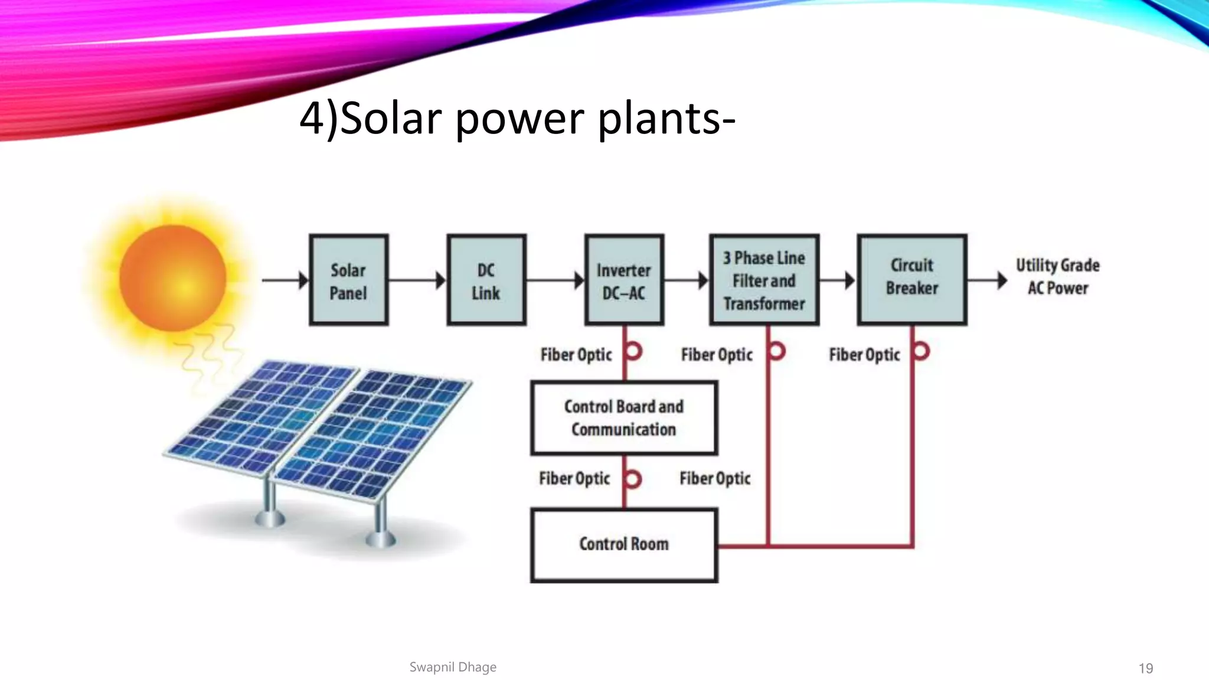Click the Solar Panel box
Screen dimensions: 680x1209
pyautogui.click(x=348, y=280)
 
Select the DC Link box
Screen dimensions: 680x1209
pyautogui.click(x=486, y=280)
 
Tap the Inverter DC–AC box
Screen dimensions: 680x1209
pyautogui.click(x=624, y=280)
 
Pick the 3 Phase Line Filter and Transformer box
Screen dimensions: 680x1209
pyautogui.click(x=764, y=280)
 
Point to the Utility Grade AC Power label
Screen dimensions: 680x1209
pyautogui.click(x=1057, y=276)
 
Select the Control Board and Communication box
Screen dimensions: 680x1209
pyautogui.click(x=624, y=418)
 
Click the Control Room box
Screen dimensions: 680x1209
pyautogui.click(x=624, y=545)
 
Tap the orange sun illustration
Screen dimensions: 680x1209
pyautogui.click(x=172, y=277)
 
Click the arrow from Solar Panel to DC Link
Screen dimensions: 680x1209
pyautogui.click(x=417, y=280)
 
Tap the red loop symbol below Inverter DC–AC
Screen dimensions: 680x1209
pyautogui.click(x=633, y=351)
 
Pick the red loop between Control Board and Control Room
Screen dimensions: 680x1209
pyautogui.click(x=633, y=479)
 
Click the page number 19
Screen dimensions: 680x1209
pyautogui.click(x=1145, y=668)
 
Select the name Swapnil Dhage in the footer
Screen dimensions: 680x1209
pyautogui.click(x=453, y=667)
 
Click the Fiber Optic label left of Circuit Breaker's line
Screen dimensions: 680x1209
pyautogui.click(x=864, y=355)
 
